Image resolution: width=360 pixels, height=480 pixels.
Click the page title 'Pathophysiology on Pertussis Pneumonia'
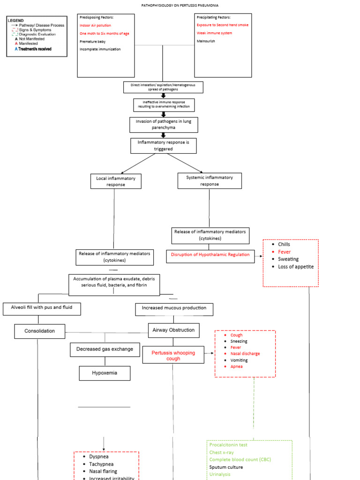pos(180,6)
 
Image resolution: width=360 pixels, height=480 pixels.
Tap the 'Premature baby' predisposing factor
pos(93,41)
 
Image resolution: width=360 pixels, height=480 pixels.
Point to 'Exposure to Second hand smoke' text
pos(223,25)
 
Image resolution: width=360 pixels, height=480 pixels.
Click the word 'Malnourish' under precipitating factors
pos(207,41)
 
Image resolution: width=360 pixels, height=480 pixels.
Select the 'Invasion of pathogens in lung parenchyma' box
pos(164,125)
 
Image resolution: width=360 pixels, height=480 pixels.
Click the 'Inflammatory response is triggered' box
pos(163,145)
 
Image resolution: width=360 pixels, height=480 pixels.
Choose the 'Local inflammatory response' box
pos(116,181)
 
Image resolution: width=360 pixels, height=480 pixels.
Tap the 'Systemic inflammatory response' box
pos(210,180)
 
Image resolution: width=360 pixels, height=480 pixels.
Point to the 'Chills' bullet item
pos(284,244)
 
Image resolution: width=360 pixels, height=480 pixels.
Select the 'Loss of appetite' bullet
pos(296,267)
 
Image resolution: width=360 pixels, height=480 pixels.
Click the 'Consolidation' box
pos(40,331)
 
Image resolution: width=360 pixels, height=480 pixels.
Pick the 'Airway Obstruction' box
pos(173,330)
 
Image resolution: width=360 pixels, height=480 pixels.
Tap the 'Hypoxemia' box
pos(105,373)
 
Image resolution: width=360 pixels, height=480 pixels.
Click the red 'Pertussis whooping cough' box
pos(173,356)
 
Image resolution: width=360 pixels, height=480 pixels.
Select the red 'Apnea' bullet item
pos(236,367)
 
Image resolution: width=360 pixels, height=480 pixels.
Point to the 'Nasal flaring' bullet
pos(103,471)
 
